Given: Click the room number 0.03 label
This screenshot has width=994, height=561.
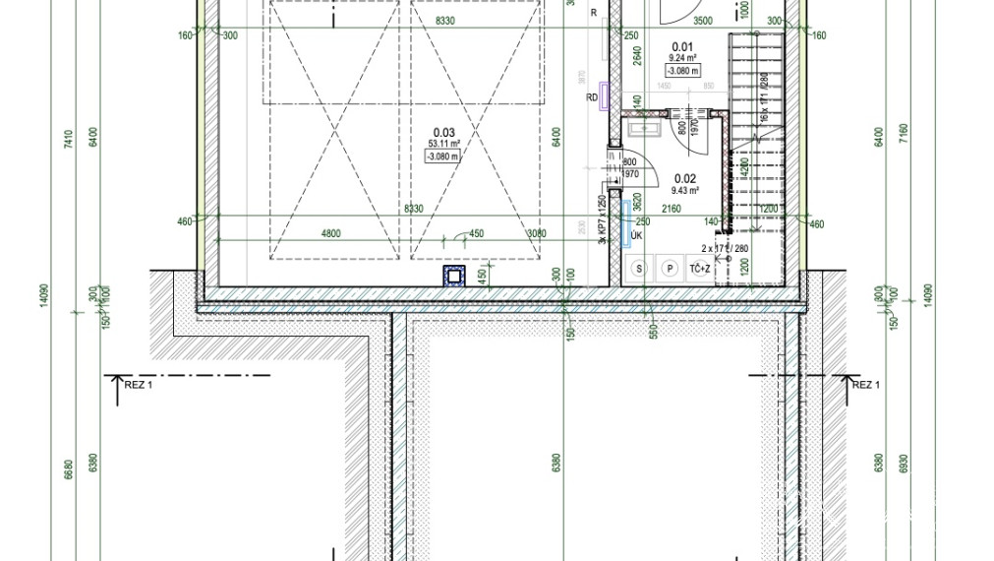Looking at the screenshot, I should (x=443, y=133).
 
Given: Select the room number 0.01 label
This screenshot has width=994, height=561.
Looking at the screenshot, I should (x=682, y=46).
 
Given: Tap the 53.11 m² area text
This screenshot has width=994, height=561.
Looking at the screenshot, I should (x=443, y=144).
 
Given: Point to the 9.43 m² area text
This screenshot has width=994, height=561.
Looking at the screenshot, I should (x=684, y=190).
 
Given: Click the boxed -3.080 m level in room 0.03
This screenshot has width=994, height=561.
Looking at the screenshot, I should (x=443, y=156).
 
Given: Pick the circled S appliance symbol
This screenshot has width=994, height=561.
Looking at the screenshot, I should (x=640, y=268).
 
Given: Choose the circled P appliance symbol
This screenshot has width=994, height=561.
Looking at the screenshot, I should (x=671, y=268).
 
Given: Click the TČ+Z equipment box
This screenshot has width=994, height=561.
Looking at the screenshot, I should (x=700, y=268).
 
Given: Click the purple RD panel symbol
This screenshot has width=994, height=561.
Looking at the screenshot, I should (x=604, y=96).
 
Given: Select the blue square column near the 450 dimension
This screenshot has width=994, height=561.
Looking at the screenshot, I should (x=453, y=276).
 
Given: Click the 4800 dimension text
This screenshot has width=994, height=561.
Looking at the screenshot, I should (x=329, y=233).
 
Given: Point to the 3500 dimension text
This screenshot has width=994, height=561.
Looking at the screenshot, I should (x=702, y=20).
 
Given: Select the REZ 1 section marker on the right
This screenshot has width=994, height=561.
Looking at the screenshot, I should (x=864, y=385).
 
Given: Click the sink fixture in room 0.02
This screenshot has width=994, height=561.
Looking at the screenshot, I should (x=647, y=128).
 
